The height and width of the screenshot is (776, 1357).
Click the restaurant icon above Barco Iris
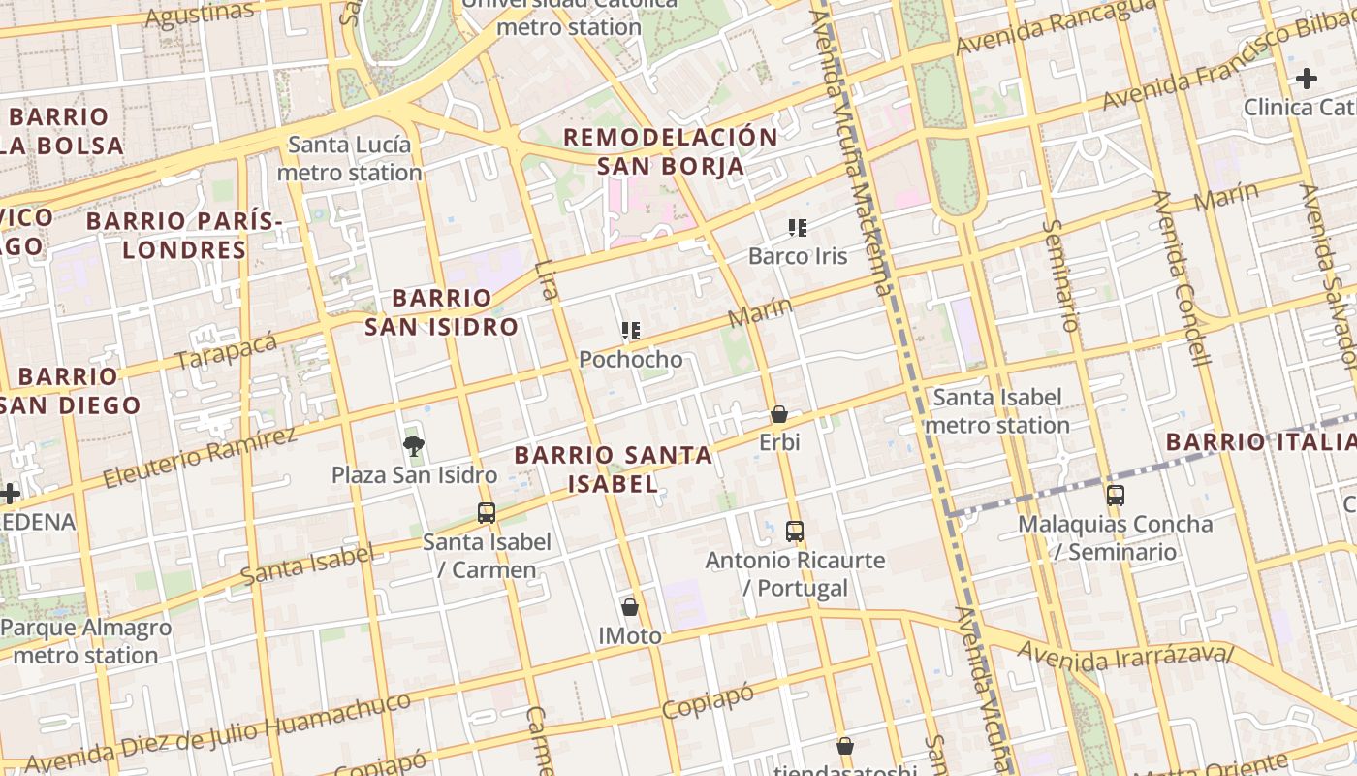point(798,228)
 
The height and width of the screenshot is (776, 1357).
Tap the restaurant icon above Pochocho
point(631,332)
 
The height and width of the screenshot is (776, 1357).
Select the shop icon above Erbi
point(778,415)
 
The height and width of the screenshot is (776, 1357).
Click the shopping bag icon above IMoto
point(630,608)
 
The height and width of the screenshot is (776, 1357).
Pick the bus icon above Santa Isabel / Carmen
point(487,513)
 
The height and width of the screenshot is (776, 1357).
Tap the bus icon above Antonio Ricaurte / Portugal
point(795,532)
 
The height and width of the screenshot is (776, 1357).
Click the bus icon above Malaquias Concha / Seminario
point(1116,496)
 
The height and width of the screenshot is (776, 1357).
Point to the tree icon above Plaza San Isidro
point(414,446)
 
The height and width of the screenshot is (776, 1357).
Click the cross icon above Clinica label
point(1307,79)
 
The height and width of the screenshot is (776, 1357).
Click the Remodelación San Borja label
point(671,151)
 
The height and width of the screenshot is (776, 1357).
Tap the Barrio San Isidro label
point(441,311)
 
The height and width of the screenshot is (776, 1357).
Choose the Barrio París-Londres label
point(184,235)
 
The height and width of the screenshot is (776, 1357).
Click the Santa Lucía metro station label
point(350,159)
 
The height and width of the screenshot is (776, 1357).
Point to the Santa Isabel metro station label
point(997,411)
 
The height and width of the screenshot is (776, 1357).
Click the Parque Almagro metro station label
point(86,641)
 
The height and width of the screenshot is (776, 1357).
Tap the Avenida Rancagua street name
point(1055,26)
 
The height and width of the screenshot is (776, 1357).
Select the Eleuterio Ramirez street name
point(199,457)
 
